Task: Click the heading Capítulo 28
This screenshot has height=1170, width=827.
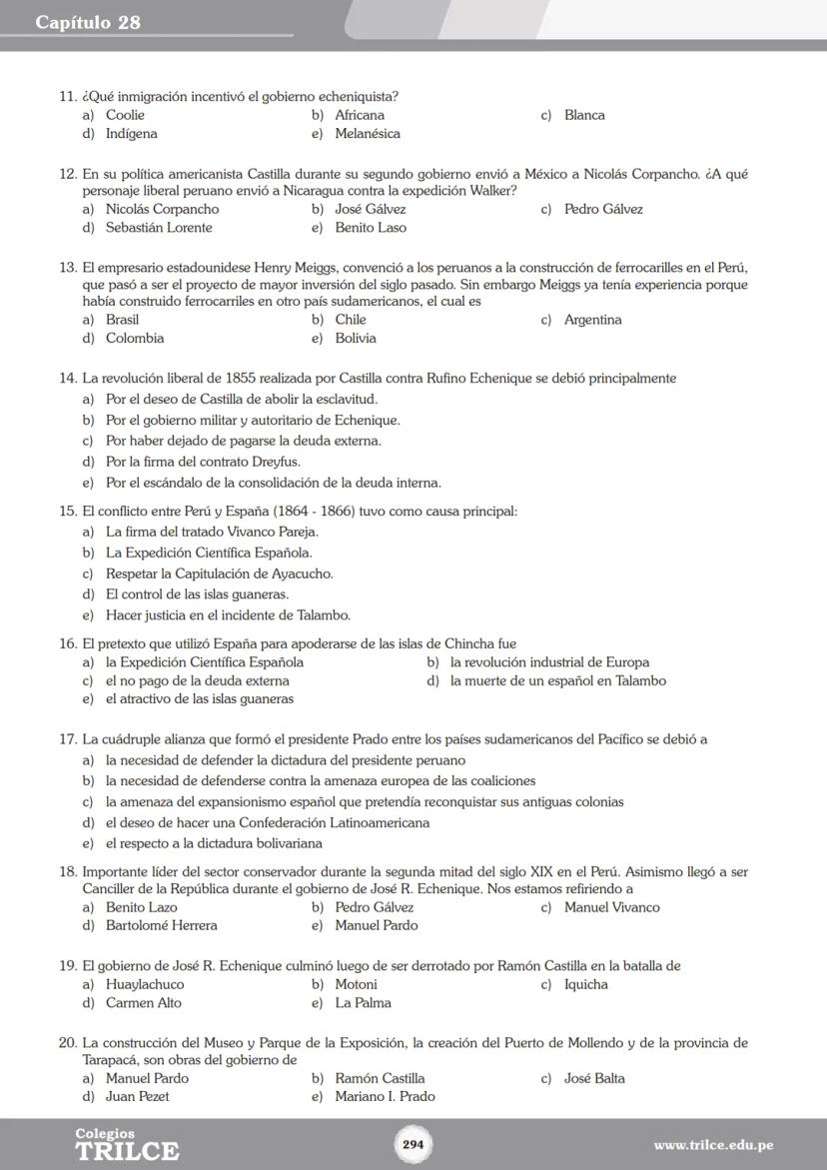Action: pos(88,22)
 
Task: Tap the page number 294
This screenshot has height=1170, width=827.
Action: pos(413,1144)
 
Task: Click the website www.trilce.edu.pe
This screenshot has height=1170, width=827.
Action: pos(713,1145)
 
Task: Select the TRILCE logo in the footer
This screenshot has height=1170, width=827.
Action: pos(127,1146)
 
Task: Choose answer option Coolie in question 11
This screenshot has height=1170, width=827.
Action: pos(125,115)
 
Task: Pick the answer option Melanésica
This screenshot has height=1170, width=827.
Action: pos(368,134)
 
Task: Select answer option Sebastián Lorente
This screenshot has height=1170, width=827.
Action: pos(159,228)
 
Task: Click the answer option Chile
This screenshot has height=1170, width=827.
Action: pos(351,320)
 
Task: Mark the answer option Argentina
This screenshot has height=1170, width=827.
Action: pos(592,320)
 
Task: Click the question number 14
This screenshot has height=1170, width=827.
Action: pos(68,379)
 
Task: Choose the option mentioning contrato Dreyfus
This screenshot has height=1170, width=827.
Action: pos(203,462)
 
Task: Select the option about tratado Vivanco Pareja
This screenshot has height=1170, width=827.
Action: pos(212,532)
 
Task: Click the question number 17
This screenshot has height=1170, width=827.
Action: pos(68,740)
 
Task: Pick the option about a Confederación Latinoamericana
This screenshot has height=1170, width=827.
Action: pos(268,823)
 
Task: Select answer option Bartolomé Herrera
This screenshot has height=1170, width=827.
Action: pos(161,926)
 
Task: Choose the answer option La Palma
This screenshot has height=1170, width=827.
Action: pos(363,1003)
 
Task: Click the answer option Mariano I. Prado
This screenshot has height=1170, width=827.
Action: pos(385,1097)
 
